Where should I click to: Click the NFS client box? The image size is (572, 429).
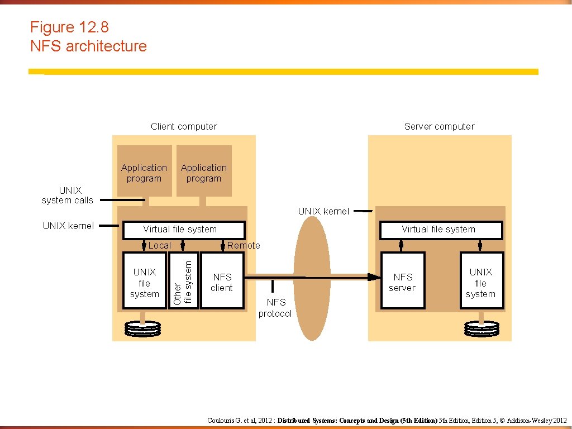pos(222,281)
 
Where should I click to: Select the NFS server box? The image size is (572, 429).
pos(402,281)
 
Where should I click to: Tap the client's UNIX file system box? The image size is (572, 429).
pos(144,281)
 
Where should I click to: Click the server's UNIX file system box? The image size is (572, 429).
pos(481,281)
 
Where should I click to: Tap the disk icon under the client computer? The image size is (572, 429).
pos(142,328)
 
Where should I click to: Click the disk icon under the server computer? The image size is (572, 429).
pos(481,328)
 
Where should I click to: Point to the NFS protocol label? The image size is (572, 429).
pos(275,308)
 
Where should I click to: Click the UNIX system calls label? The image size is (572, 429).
pos(68,196)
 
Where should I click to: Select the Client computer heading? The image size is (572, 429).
pos(184,126)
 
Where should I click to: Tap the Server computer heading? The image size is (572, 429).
pos(439,126)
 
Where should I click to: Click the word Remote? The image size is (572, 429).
pos(244,245)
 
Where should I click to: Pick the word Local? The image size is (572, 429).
pos(160,245)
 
